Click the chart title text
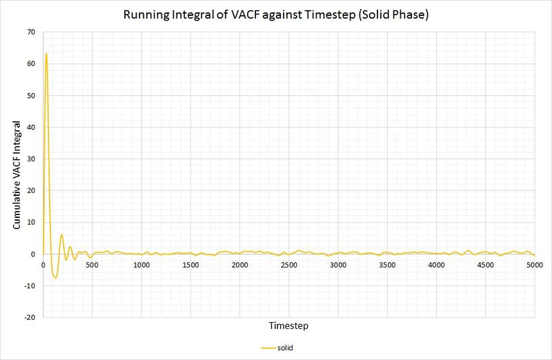click(x=276, y=15)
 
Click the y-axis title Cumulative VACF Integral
click(x=17, y=175)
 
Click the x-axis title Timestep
click(x=288, y=324)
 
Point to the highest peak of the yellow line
click(x=46, y=53)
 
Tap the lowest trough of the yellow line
click(x=55, y=278)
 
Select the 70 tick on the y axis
click(x=30, y=32)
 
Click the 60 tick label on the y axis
click(x=30, y=63)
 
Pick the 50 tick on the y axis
click(x=30, y=95)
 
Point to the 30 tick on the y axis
click(x=30, y=159)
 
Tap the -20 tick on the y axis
click(x=28, y=317)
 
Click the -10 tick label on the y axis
click(x=28, y=286)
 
